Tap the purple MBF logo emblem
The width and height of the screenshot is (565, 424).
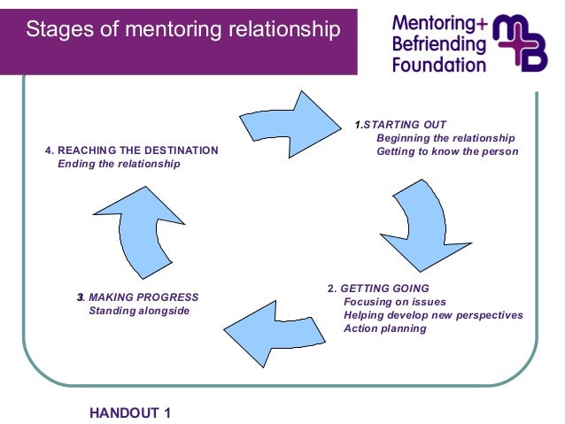pyautogui.click(x=522, y=42)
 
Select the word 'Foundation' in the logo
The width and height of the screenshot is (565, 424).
pyautogui.click(x=439, y=64)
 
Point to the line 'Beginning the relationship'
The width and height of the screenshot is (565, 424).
pyautogui.click(x=445, y=138)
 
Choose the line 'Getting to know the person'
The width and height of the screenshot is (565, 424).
pyautogui.click(x=447, y=151)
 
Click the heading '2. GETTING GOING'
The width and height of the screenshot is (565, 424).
pyautogui.click(x=378, y=289)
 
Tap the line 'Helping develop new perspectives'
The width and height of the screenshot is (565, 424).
pyautogui.click(x=433, y=315)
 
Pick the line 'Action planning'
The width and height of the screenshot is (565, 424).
pyautogui.click(x=384, y=328)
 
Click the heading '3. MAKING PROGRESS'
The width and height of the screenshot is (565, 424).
pyautogui.click(x=138, y=297)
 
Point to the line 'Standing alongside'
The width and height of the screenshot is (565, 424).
pyautogui.click(x=139, y=311)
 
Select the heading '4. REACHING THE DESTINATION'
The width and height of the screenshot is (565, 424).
pyautogui.click(x=131, y=150)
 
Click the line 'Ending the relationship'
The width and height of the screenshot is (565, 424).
pyautogui.click(x=118, y=164)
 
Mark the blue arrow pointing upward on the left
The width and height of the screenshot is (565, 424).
pyautogui.click(x=135, y=237)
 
